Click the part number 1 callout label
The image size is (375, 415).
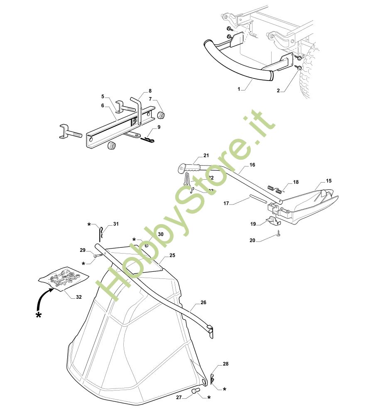click(240, 89)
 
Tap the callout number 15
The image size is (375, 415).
click(328, 181)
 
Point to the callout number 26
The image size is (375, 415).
click(203, 303)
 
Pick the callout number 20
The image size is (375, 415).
click(252, 240)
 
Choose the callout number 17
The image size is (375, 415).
click(226, 203)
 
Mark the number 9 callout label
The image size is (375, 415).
click(159, 127)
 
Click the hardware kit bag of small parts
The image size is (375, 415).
click(64, 278)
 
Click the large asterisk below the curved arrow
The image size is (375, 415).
click(39, 315)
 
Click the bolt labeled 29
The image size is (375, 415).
click(97, 256)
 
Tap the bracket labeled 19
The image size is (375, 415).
click(270, 220)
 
